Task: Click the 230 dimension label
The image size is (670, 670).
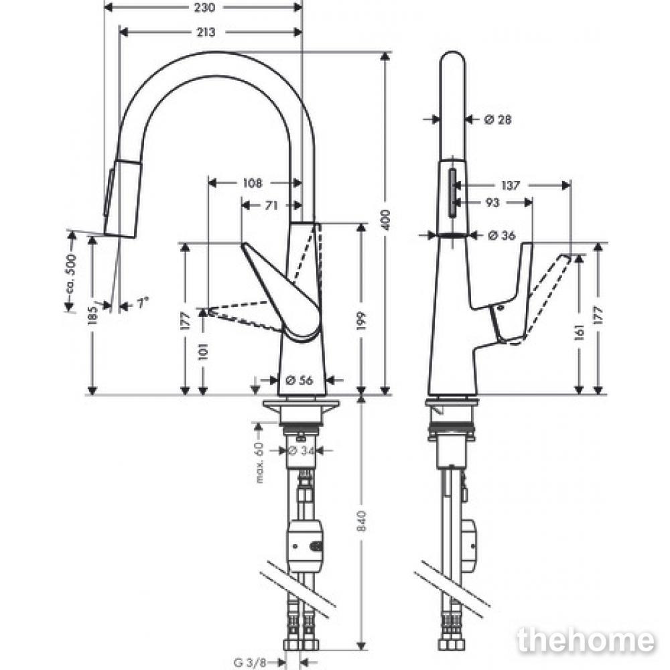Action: coord(204,7)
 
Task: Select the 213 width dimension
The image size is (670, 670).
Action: coord(206,32)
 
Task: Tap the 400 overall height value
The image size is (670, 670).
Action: coord(385,220)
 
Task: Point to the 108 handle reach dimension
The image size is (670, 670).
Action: coord(252,184)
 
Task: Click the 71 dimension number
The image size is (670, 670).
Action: coord(271,206)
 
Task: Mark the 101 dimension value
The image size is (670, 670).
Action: coord(203,351)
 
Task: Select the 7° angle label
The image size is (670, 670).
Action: coord(143,303)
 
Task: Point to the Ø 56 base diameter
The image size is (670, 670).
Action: coord(299,379)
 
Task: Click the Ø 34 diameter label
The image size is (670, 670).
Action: coord(301,450)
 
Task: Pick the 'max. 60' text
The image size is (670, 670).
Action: coord(259,463)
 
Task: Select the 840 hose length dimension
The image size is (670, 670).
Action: coord(362,521)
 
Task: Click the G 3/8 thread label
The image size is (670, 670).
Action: coord(251,663)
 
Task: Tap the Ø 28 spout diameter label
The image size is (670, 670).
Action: coord(498,120)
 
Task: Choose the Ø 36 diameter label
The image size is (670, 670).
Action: coord(502,235)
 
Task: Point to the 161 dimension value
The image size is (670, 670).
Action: coord(579,332)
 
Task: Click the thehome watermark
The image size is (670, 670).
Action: coord(586,641)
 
